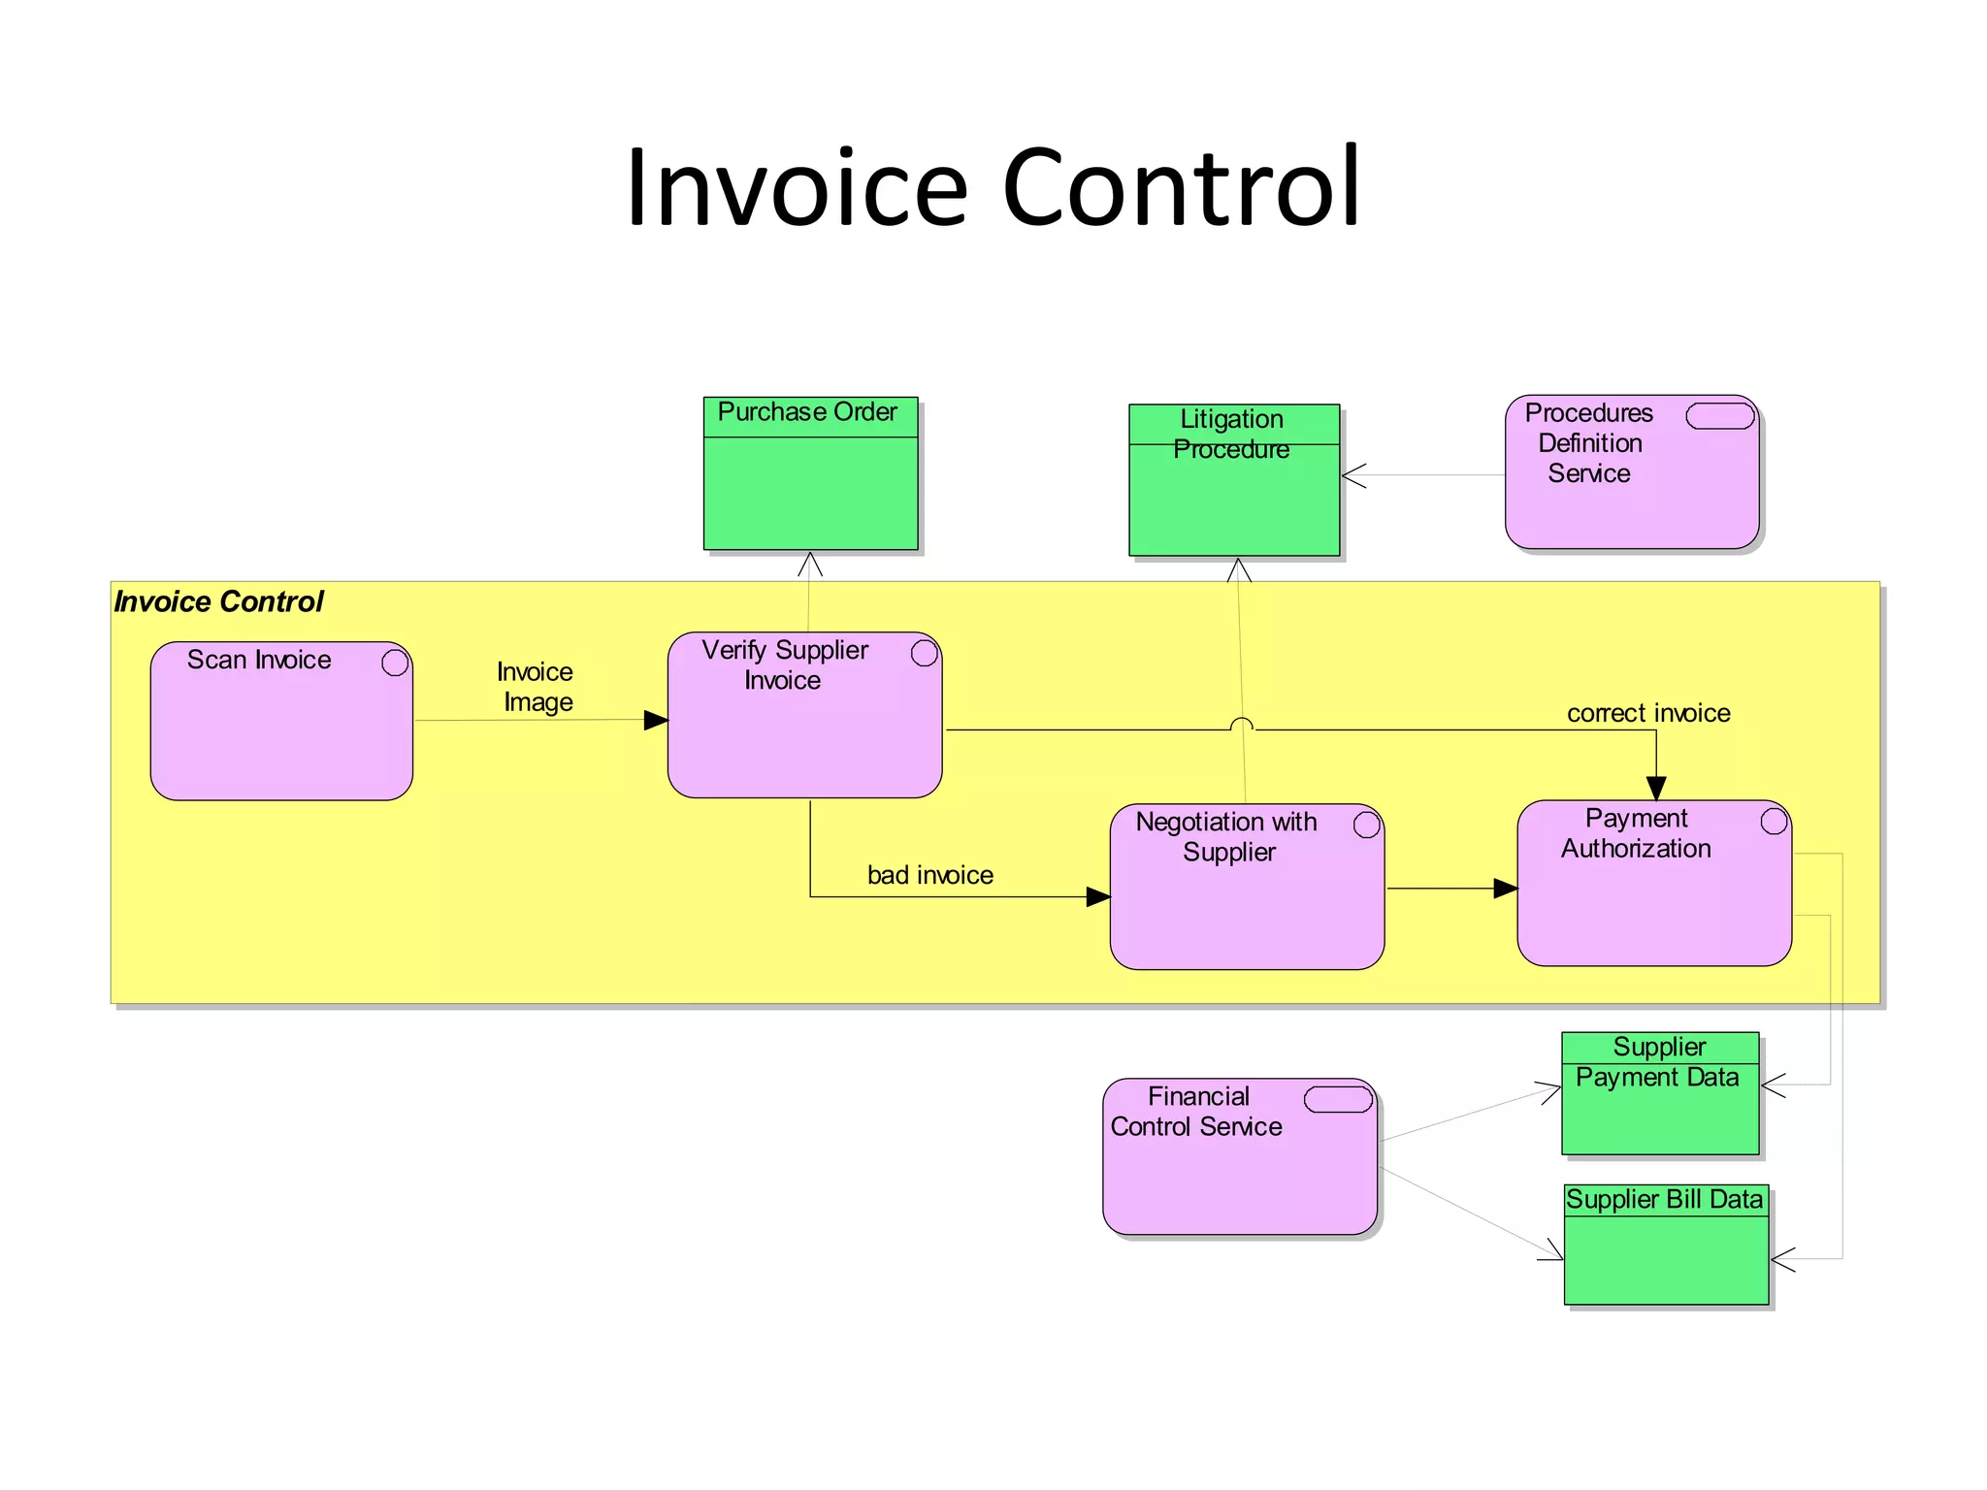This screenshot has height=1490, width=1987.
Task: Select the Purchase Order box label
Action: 807,412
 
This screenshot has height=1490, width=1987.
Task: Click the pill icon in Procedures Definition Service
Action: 1719,416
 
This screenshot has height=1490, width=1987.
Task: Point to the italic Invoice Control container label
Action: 218,601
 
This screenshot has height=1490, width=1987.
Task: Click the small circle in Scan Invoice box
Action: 395,663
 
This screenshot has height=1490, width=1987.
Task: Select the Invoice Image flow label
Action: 536,687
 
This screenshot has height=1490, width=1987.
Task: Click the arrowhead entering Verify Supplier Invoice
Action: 657,720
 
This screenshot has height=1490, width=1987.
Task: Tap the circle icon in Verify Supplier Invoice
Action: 925,653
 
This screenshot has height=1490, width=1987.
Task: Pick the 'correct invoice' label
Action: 1648,713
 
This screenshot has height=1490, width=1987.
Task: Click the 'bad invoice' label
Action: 929,875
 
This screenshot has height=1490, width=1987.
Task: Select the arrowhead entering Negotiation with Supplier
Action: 1098,896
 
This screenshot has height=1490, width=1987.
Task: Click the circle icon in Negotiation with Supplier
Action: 1366,825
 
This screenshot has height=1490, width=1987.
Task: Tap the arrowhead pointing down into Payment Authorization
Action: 1656,788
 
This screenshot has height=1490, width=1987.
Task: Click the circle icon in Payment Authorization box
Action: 1774,821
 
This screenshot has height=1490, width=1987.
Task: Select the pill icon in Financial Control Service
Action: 1338,1099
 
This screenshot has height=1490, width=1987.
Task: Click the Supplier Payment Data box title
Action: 1658,1062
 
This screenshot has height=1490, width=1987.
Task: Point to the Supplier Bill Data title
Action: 1664,1200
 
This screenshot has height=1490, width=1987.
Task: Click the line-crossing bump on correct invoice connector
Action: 1242,724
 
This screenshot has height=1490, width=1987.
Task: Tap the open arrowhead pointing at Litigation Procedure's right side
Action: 1352,475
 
